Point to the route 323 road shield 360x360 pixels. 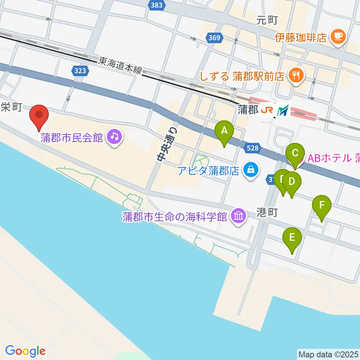click(x=81, y=71)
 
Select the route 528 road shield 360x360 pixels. click(x=253, y=148)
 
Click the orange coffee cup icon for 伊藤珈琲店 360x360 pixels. click(x=339, y=36)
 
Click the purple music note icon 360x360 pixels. click(x=113, y=137)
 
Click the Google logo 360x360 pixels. click(x=25, y=351)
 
